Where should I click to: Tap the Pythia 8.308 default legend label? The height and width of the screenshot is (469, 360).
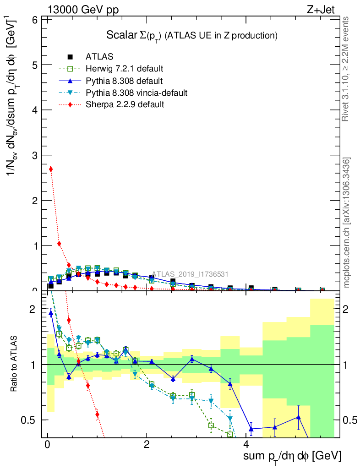[x=124, y=81]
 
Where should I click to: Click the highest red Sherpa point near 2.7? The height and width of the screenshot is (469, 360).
[x=51, y=169]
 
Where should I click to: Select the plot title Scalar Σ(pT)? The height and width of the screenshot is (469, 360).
[x=192, y=35]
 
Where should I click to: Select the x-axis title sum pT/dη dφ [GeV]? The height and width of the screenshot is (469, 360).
[x=292, y=456]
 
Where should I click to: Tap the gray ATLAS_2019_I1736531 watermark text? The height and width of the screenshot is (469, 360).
[x=190, y=274]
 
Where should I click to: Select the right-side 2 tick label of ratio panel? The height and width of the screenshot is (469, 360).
[x=347, y=309]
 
